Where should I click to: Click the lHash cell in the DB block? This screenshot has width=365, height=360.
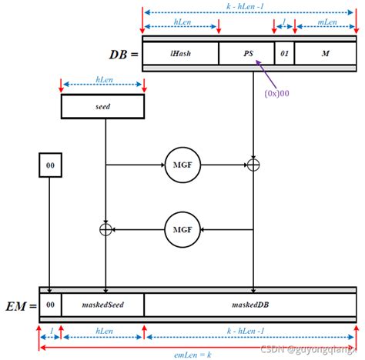point(181,53)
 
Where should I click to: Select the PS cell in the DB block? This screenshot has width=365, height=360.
point(246,53)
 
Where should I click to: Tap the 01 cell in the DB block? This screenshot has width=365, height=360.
point(284,53)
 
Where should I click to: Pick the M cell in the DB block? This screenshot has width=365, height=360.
point(326,53)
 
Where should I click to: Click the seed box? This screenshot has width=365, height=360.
point(103,107)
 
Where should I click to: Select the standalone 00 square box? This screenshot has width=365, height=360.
point(49,165)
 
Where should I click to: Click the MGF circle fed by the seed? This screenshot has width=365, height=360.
point(182,165)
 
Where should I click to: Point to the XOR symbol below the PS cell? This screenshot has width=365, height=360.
point(253,165)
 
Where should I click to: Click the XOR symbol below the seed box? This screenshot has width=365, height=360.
point(105,228)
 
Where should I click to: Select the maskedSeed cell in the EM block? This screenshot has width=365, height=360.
point(102,305)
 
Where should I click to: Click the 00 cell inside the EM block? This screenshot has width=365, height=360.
point(49,305)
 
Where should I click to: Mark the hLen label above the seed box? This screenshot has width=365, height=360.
point(103,78)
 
